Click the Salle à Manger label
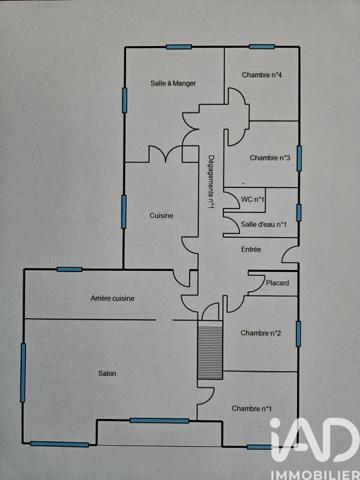[x=172, y=84]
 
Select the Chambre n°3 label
[x=270, y=157]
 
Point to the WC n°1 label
[x=253, y=199]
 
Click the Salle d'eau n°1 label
[x=265, y=225]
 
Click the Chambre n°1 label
[x=251, y=408]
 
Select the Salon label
[x=107, y=374]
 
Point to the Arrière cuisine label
[x=112, y=298]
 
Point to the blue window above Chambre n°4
[x=262, y=46]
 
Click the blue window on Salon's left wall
[x=22, y=370]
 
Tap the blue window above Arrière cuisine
[x=69, y=269]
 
